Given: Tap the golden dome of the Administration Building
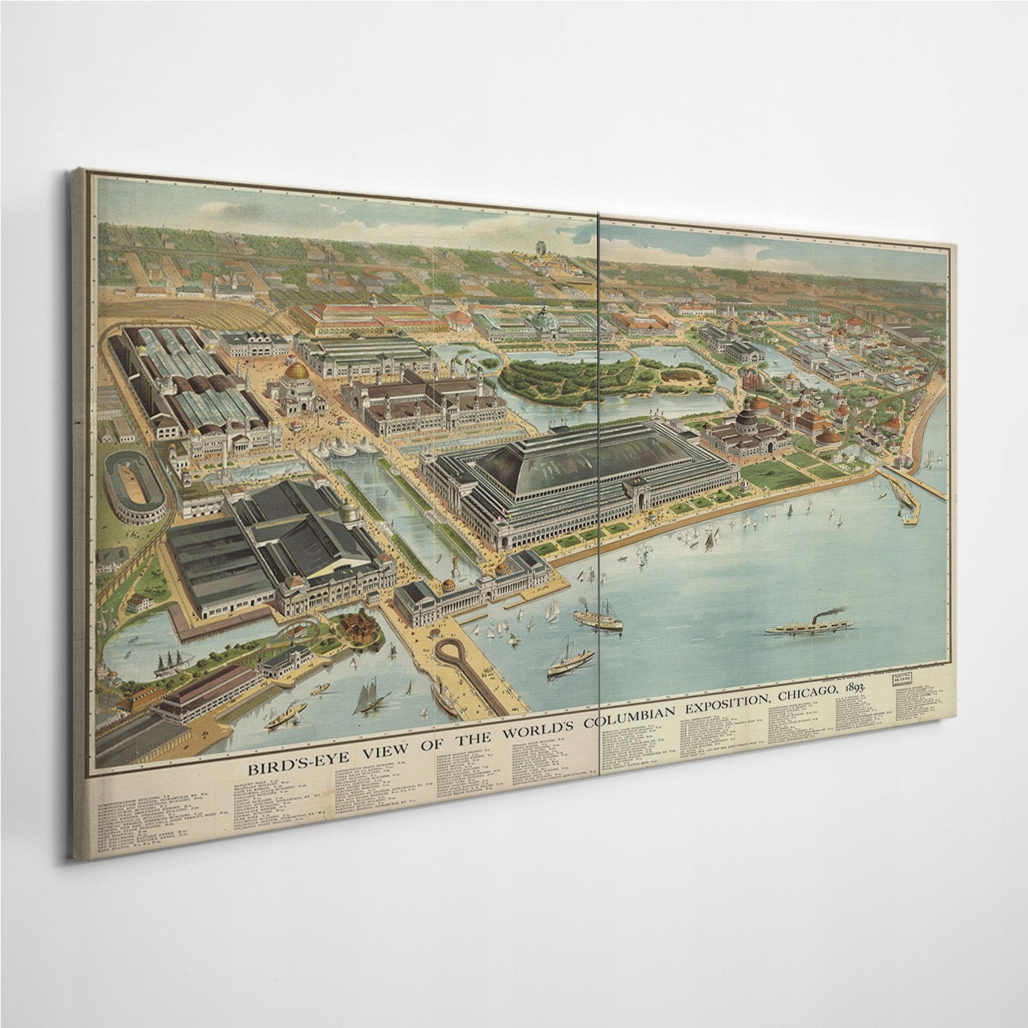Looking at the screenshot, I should pyautogui.click(x=299, y=371).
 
